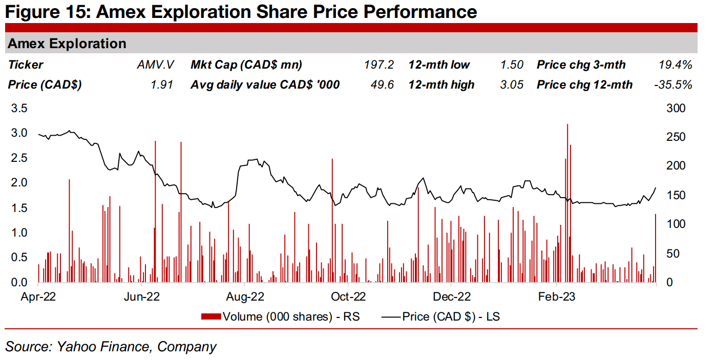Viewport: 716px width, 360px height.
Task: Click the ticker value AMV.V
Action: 156,65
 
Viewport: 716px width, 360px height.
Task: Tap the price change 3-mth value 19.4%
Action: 675,65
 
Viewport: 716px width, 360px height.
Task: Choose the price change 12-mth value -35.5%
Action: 673,85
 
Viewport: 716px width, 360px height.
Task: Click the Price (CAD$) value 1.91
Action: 163,85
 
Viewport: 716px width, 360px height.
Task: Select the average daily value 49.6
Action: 382,85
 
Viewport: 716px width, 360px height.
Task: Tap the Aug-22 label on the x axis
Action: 245,297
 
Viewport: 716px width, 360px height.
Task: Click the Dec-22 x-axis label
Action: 452,297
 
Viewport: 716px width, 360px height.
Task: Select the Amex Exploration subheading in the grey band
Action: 67,44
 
